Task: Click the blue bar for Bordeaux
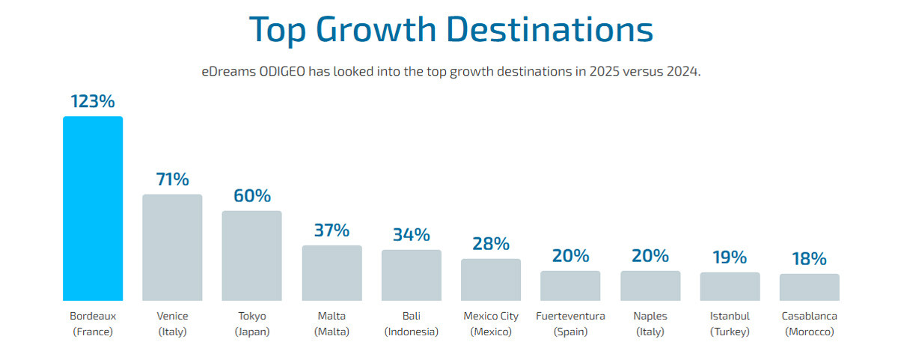click(93, 208)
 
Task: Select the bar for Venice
click(172, 247)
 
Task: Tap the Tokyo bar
click(251, 255)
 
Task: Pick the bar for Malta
click(332, 272)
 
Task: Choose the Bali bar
click(411, 275)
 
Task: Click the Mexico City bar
click(491, 279)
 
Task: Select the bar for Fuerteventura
click(570, 285)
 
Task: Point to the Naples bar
click(650, 285)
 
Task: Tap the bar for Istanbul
click(730, 286)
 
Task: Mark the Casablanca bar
click(809, 287)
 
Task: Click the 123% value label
click(93, 102)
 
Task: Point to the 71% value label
click(172, 180)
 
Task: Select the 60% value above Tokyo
click(251, 196)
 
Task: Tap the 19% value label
click(730, 257)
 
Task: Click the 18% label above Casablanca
click(809, 259)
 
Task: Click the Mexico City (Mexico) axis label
click(491, 323)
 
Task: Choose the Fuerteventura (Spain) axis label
click(570, 323)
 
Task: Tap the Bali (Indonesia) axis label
click(411, 323)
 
